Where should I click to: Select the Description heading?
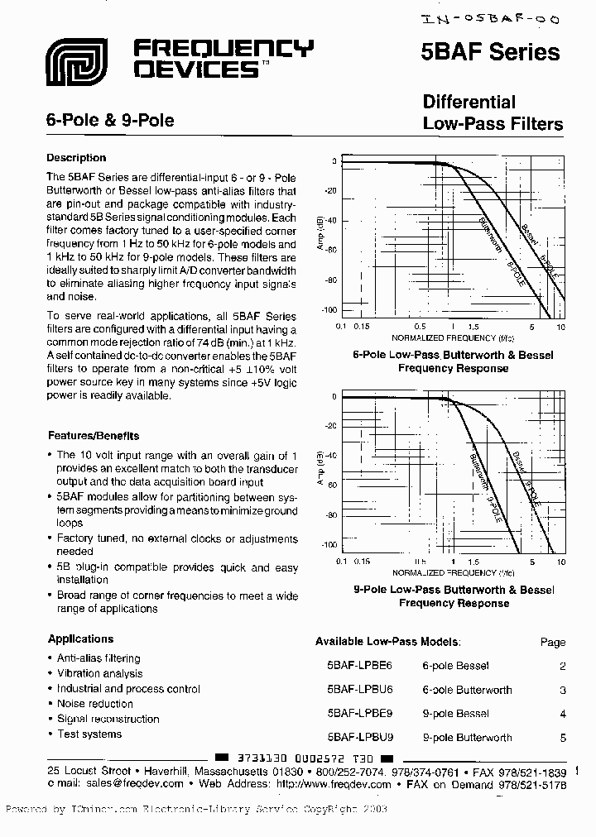tap(76, 158)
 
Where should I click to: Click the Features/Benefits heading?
tap(94, 436)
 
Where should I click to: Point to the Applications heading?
tap(81, 639)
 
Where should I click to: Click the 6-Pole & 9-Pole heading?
tap(110, 120)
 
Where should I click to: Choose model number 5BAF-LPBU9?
tap(360, 737)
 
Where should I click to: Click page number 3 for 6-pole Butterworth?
tap(562, 690)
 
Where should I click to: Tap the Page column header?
tap(552, 642)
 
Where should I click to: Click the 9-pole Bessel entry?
tap(455, 713)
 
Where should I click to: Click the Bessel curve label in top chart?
tap(529, 235)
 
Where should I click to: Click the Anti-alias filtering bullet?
tap(99, 658)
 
